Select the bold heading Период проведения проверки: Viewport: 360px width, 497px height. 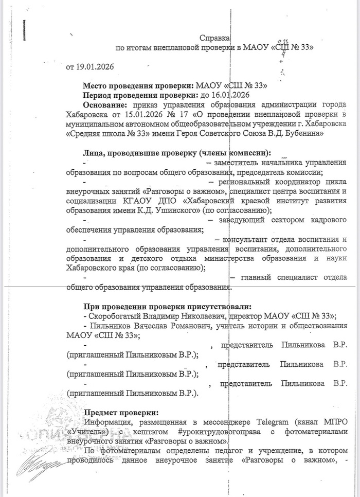point(136,95)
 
